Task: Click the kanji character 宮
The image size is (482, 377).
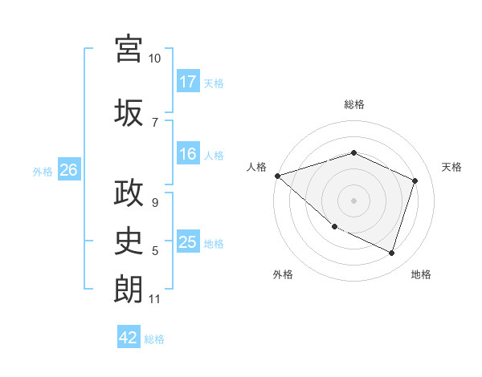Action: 129,49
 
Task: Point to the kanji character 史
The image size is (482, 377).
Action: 129,240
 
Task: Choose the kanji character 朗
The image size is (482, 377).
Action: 129,289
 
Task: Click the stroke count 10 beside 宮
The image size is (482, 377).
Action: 155,59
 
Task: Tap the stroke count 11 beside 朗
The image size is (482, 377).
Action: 155,299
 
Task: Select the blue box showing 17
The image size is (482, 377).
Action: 188,82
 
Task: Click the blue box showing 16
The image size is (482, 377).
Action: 188,155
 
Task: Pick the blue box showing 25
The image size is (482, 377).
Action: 188,243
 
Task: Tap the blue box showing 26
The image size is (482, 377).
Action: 68,170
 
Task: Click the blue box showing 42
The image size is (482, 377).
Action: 129,338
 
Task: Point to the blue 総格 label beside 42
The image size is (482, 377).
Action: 154,339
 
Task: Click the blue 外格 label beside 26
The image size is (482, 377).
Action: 43,171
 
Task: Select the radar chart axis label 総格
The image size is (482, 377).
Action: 354,104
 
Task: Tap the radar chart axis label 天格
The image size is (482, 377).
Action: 452,167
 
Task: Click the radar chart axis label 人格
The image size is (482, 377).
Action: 257,167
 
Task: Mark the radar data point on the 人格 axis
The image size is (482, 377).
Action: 277,176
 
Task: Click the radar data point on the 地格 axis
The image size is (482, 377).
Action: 391,253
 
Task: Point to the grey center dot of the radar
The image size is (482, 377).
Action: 353,200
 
